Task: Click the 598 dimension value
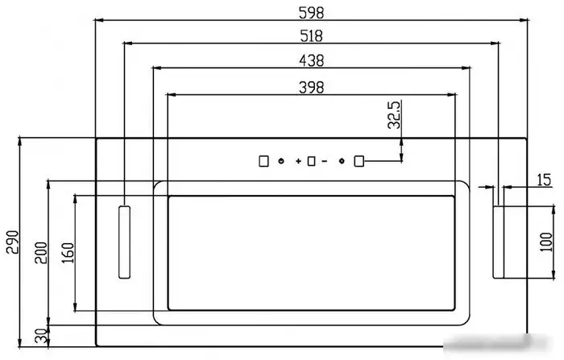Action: (312, 13)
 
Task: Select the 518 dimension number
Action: (312, 36)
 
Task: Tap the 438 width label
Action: (312, 60)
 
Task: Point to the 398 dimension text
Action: (312, 88)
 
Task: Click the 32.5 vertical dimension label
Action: (394, 114)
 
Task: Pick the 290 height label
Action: (13, 242)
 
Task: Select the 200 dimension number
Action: (41, 253)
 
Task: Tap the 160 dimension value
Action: (68, 253)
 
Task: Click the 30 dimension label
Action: (42, 337)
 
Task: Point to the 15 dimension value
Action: (544, 180)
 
